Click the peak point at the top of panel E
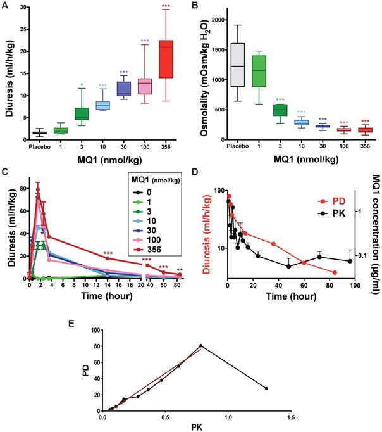(201, 345)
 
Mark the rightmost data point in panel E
(266, 388)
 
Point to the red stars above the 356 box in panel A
(166, 6)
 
